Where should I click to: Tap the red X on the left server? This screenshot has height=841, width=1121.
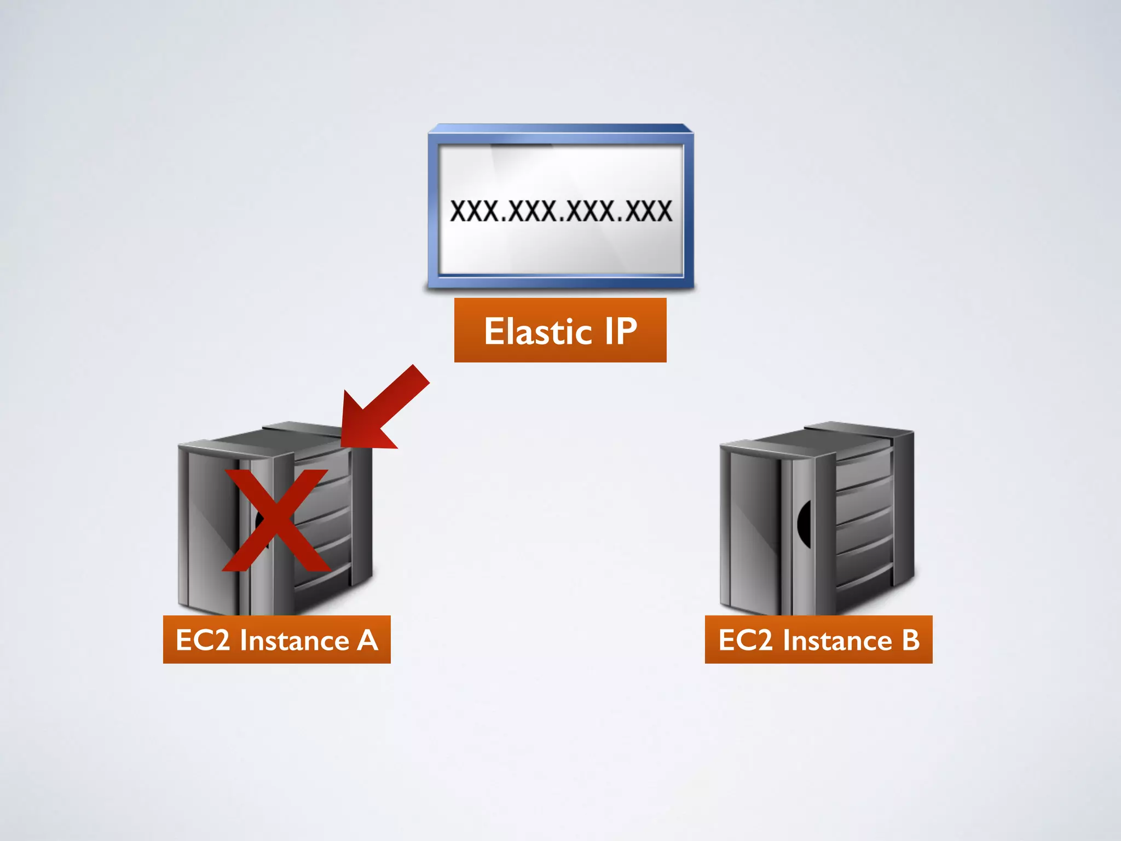(x=277, y=520)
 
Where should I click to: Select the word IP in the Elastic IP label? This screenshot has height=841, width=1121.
(x=621, y=331)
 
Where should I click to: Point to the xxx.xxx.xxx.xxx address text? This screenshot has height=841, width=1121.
(x=560, y=211)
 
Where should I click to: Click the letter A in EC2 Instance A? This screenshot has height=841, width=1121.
(x=368, y=640)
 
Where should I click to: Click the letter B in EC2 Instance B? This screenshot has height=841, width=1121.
(x=911, y=640)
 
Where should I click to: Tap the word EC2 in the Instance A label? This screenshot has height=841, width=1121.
(x=203, y=640)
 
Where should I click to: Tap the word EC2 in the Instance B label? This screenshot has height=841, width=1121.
(x=745, y=640)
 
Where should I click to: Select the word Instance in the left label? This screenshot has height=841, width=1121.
(x=294, y=640)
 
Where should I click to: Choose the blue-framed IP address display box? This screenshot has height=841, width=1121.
(x=560, y=208)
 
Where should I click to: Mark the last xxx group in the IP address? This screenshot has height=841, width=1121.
(x=649, y=211)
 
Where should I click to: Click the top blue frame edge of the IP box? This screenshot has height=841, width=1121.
(x=560, y=129)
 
